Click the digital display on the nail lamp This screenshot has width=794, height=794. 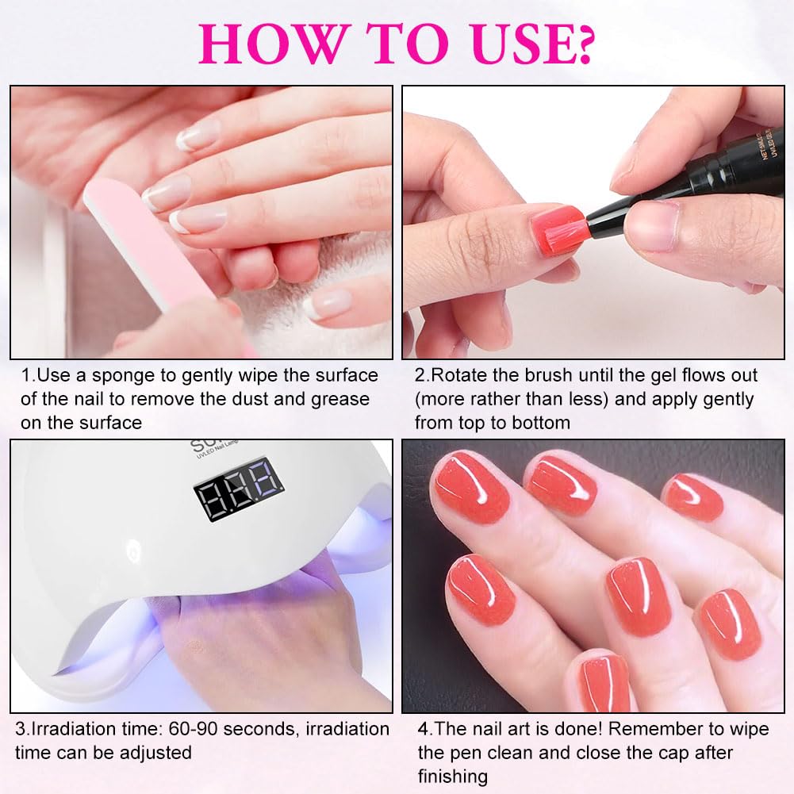coord(238,489)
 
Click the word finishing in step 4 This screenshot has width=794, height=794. coord(453,777)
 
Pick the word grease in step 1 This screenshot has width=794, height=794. coord(340,400)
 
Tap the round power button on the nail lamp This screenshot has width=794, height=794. coord(133,550)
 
